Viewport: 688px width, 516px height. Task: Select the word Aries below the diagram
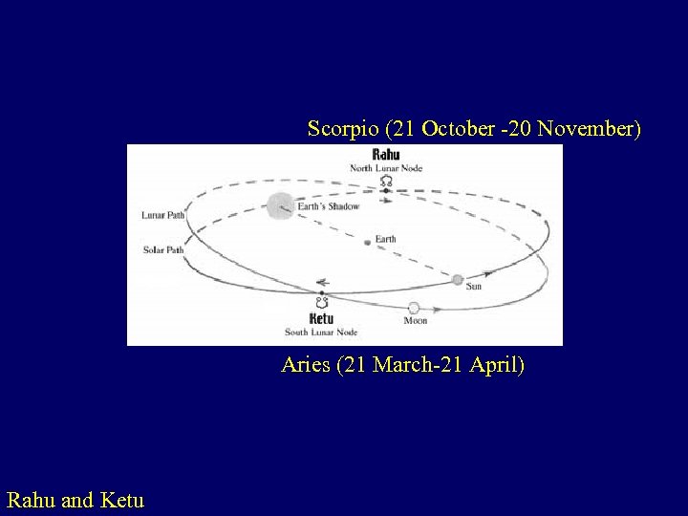coord(306,365)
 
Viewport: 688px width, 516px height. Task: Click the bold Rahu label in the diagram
coord(386,155)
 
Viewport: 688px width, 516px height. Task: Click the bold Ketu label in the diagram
coord(322,318)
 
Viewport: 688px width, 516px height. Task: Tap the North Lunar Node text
coord(386,168)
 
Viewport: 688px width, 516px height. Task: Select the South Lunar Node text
coord(321,333)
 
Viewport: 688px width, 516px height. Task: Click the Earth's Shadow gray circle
coord(280,204)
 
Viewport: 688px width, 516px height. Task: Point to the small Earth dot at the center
coord(367,243)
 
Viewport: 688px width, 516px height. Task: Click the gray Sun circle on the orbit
coord(458,280)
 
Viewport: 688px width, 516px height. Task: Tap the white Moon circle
coord(414,308)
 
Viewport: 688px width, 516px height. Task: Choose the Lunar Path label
coord(161,215)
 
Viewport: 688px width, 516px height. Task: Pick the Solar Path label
coord(162,250)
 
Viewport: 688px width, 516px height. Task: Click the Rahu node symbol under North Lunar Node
coord(386,181)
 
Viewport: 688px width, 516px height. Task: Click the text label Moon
coord(416,321)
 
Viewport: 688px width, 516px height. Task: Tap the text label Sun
coord(474,287)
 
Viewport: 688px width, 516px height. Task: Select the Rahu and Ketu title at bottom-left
coord(75,499)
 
